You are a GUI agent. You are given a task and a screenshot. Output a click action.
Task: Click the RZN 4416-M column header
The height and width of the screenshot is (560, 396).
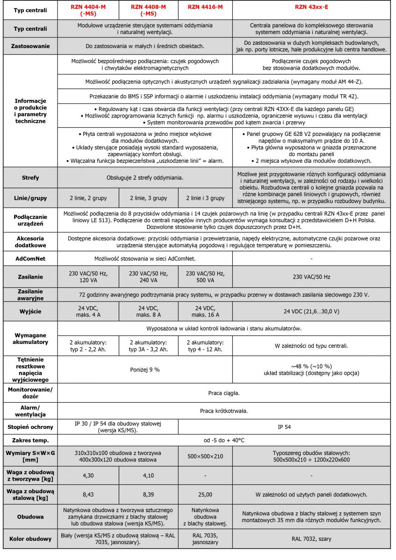[205, 7]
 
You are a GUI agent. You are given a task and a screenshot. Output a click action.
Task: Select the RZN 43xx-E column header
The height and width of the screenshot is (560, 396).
[311, 7]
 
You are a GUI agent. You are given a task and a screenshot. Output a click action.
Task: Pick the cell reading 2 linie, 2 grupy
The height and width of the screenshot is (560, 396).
[88, 198]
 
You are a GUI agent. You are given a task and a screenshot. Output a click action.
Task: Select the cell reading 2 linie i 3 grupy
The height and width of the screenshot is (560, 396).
[205, 198]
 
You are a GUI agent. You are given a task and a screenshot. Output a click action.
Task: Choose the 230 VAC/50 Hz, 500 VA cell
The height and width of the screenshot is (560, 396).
[205, 277]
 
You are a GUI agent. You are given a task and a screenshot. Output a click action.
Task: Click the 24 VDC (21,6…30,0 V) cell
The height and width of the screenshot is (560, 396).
[311, 311]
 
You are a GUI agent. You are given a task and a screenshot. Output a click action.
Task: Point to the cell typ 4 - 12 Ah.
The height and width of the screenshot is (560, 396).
[205, 346]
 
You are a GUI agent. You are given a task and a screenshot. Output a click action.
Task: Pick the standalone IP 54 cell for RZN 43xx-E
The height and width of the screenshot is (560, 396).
[311, 427]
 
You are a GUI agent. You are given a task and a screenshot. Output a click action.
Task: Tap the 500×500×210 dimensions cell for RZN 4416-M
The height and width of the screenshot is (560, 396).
[205, 457]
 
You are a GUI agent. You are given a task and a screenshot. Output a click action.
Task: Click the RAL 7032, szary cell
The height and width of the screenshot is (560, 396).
[311, 539]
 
